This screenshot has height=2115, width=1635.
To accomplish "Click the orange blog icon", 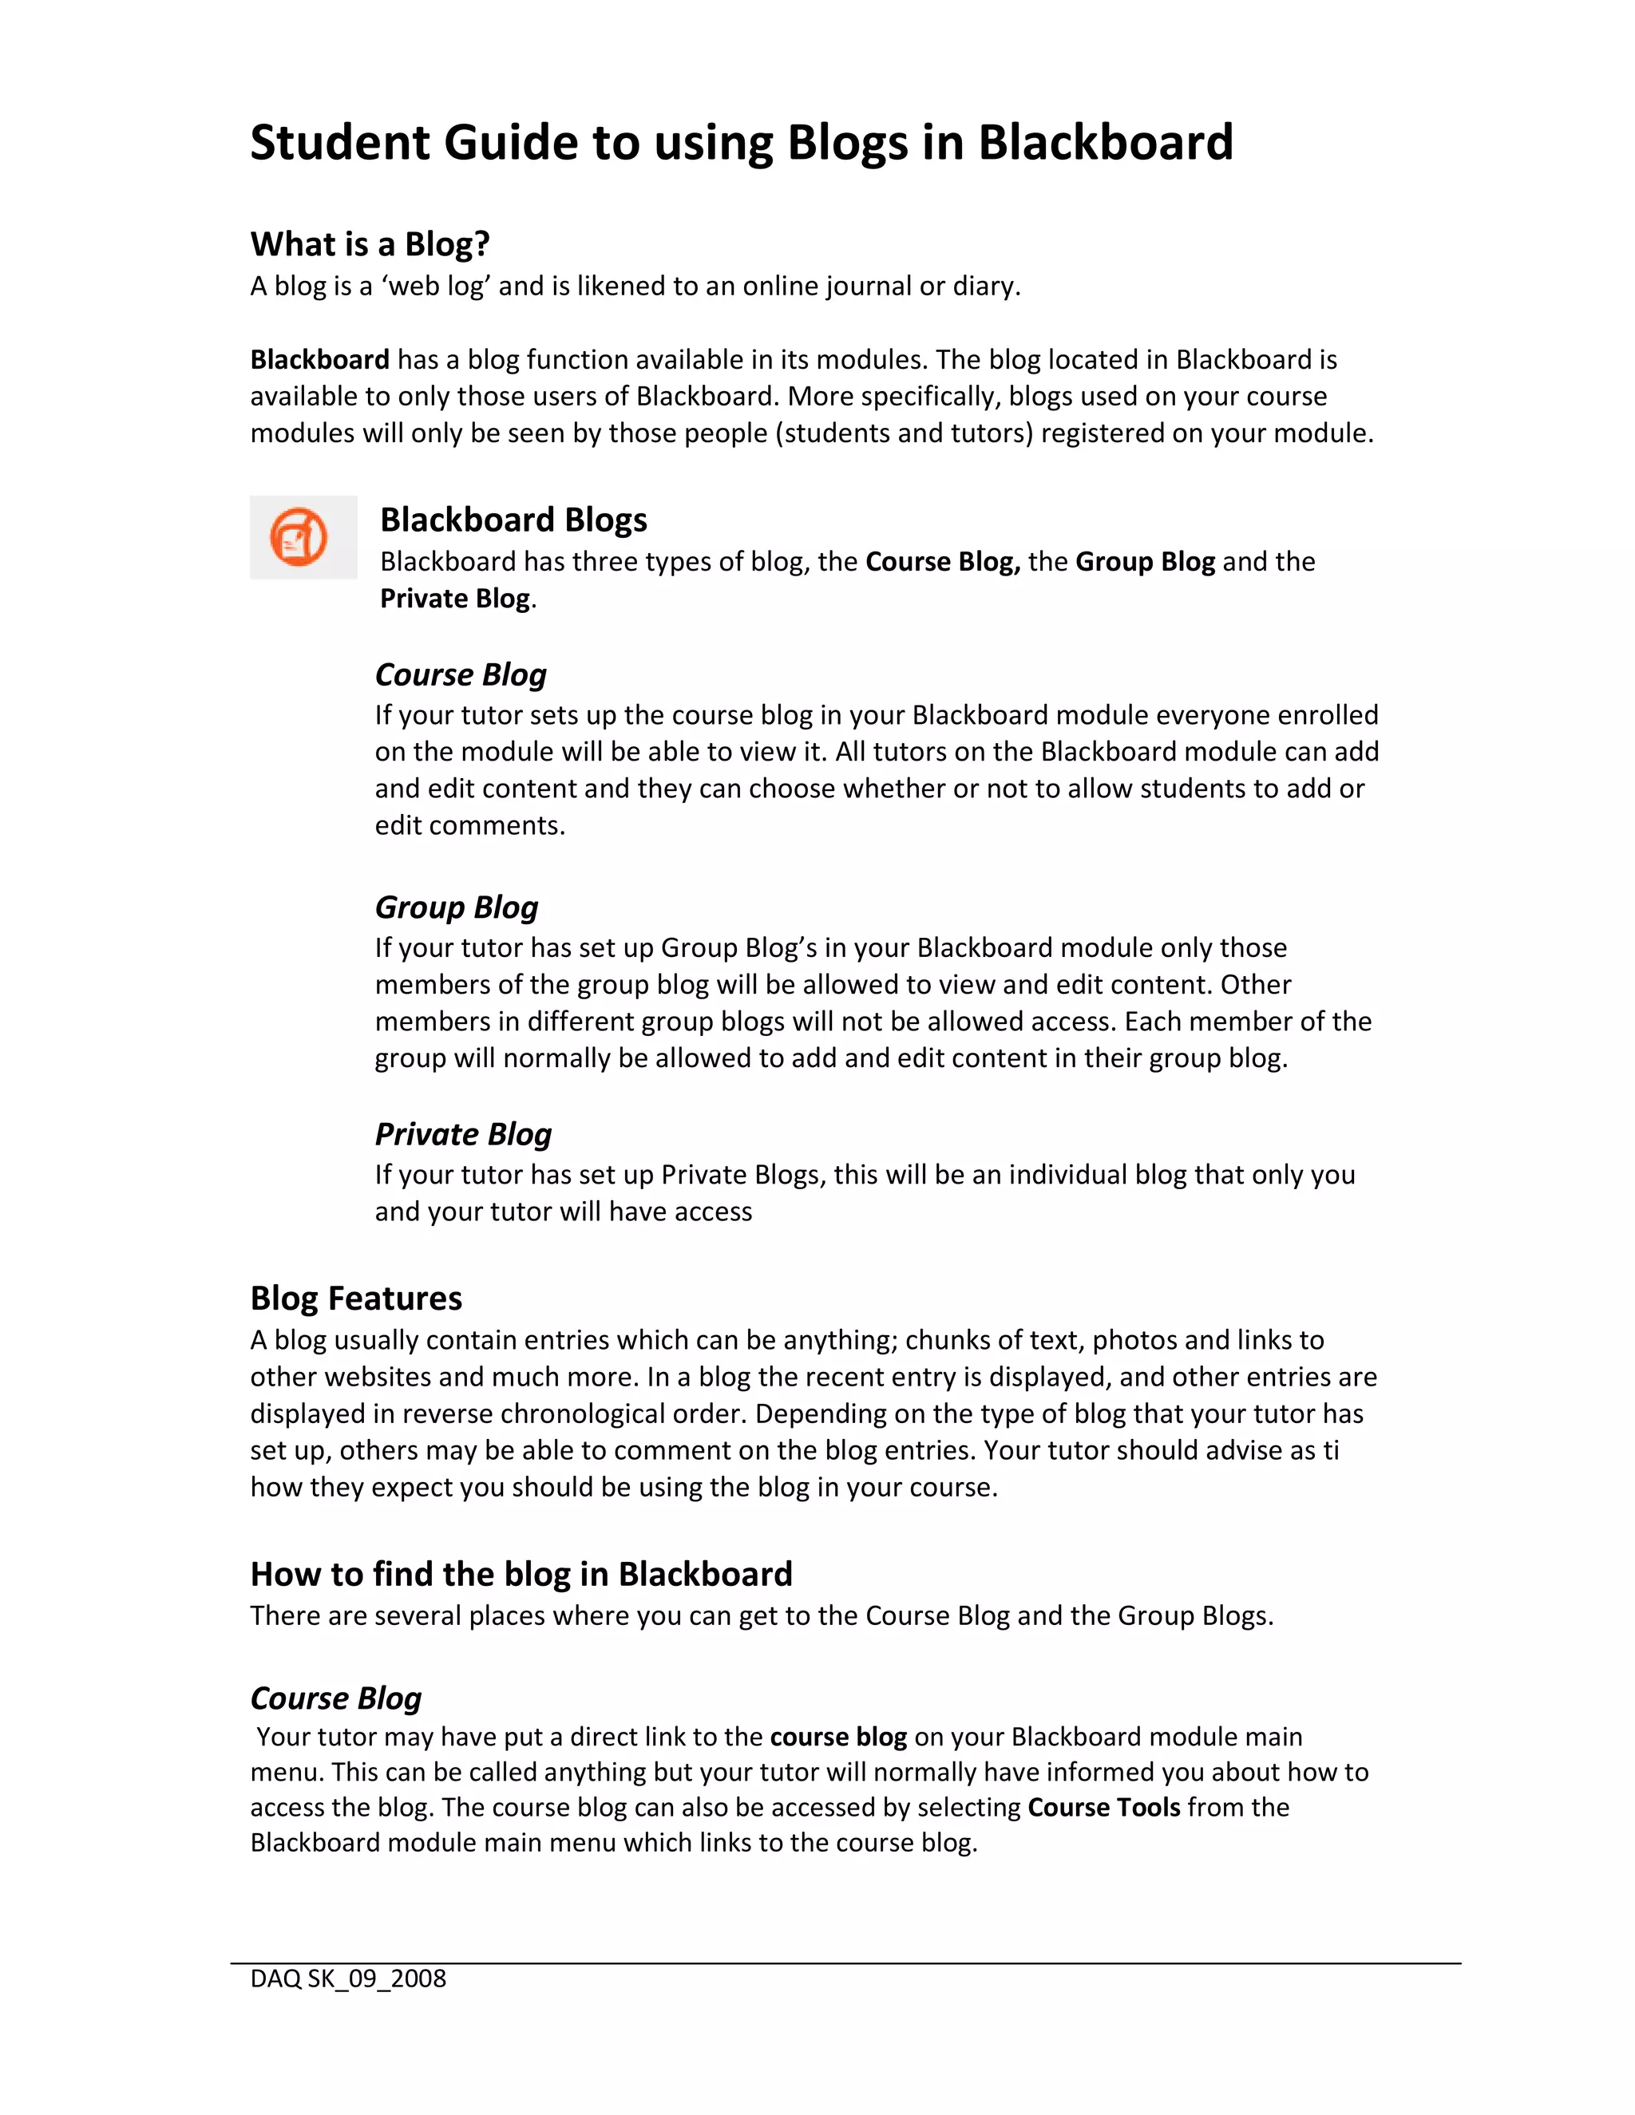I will (x=299, y=537).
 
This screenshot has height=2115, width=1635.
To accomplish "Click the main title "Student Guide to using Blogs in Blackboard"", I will (x=741, y=142).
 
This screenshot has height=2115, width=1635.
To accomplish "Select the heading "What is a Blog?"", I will (x=370, y=244).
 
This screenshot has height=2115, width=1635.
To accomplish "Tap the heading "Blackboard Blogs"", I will (x=513, y=520).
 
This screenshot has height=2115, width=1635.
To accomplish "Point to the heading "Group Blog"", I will (x=456, y=907).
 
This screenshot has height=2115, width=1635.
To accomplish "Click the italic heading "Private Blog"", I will (x=463, y=1134).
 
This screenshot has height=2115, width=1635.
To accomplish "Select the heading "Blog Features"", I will (x=355, y=1299).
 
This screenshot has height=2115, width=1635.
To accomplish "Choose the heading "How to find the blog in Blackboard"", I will (x=521, y=1575).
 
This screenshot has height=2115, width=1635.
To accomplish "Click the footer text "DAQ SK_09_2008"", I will (x=348, y=1979).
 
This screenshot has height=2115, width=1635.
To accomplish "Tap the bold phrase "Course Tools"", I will (x=1103, y=1807).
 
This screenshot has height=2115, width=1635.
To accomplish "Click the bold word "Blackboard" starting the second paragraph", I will (x=319, y=360).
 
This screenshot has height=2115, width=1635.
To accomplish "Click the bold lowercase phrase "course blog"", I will (x=837, y=1737).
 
